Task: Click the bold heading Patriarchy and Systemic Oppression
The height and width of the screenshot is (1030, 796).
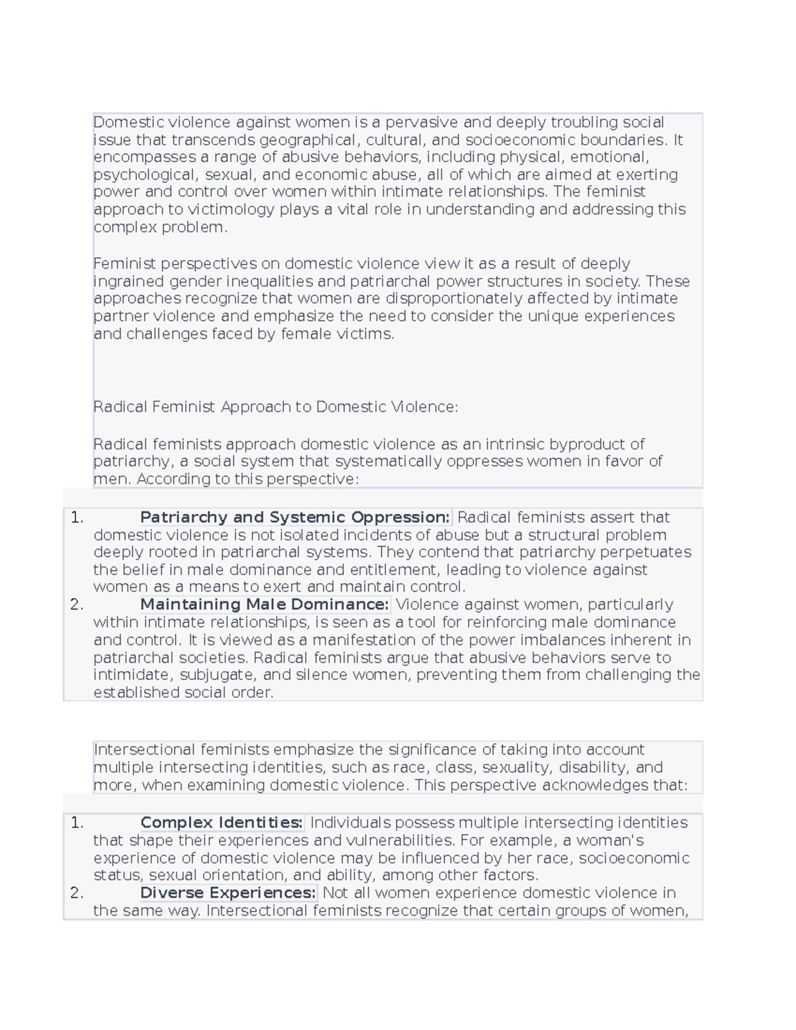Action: [x=295, y=517]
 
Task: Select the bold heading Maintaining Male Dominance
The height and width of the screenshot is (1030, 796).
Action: [x=264, y=604]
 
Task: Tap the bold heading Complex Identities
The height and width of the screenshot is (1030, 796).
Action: [x=222, y=822]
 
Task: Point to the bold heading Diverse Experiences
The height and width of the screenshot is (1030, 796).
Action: [x=228, y=893]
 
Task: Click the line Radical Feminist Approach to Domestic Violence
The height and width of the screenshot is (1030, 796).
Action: [x=275, y=407]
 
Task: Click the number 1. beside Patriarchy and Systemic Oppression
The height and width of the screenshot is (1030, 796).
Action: [x=77, y=517]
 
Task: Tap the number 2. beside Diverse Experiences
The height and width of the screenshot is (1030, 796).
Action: [x=77, y=893]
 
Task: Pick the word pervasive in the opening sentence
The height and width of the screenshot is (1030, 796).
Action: [x=421, y=122]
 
